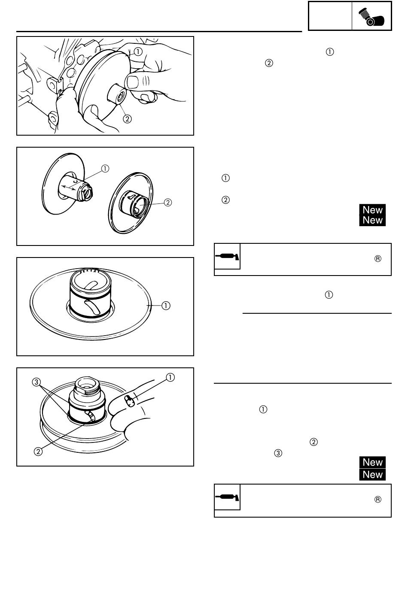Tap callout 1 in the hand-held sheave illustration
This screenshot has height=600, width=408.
pyautogui.click(x=138, y=52)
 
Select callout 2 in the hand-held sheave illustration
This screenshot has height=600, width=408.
pyautogui.click(x=127, y=119)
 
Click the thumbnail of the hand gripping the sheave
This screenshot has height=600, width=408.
pyautogui.click(x=105, y=86)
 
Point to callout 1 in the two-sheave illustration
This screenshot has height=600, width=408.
pyautogui.click(x=105, y=169)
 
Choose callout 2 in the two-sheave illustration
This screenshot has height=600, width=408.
pyautogui.click(x=168, y=203)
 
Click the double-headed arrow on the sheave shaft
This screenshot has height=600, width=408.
pyautogui.click(x=69, y=188)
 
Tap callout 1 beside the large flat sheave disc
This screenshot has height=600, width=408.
pyautogui.click(x=166, y=306)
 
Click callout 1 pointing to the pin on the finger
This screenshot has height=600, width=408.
pyautogui.click(x=170, y=377)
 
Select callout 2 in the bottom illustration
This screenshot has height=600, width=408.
pyautogui.click(x=38, y=452)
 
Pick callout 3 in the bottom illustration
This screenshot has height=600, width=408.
pyautogui.click(x=36, y=382)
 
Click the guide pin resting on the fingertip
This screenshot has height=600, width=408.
pyautogui.click(x=130, y=401)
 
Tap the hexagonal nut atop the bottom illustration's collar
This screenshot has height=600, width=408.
pyautogui.click(x=86, y=385)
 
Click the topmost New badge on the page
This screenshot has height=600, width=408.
pyautogui.click(x=372, y=210)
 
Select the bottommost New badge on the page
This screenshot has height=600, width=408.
pyautogui.click(x=372, y=474)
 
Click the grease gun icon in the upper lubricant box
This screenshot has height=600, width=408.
pyautogui.click(x=227, y=256)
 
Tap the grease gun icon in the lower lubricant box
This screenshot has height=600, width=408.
pyautogui.click(x=227, y=497)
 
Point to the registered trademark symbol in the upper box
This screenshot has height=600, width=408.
pyautogui.click(x=378, y=258)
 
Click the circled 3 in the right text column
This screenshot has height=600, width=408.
pyautogui.click(x=278, y=453)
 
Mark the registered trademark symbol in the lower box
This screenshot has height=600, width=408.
pyautogui.click(x=378, y=499)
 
